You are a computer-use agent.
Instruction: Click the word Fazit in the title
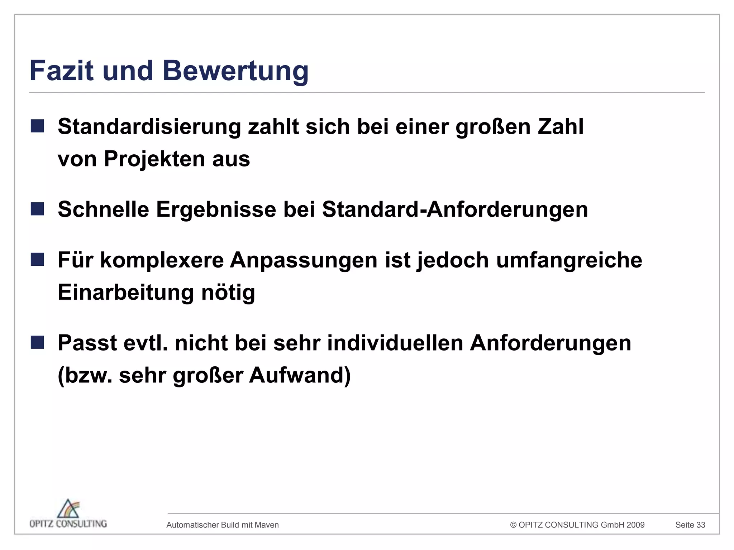click(62, 71)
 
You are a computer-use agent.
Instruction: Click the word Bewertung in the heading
click(235, 71)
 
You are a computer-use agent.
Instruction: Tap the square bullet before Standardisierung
click(37, 126)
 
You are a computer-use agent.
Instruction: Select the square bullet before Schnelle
click(37, 209)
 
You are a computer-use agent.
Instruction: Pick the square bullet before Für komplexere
click(37, 260)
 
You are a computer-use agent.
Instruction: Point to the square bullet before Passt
click(37, 342)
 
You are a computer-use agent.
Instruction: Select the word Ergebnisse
click(216, 210)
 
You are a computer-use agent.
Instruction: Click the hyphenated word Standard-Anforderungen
click(455, 210)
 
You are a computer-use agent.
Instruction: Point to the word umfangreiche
click(569, 260)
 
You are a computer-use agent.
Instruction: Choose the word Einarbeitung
click(126, 293)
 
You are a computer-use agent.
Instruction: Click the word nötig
click(228, 293)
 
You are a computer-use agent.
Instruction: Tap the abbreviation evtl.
click(146, 343)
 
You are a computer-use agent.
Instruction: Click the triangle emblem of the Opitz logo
click(68, 509)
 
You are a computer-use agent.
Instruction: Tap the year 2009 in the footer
click(635, 525)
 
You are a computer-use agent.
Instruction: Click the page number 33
click(700, 525)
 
